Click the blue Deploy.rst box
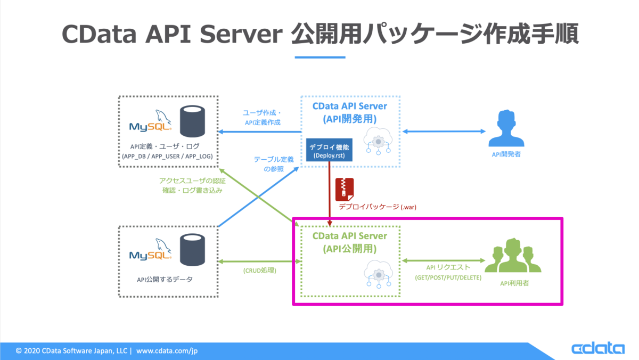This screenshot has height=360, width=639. point(329,150)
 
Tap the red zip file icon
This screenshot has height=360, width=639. point(345,190)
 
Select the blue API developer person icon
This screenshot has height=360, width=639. point(506,128)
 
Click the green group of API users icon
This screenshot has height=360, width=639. point(513,255)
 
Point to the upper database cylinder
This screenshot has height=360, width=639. point(192,121)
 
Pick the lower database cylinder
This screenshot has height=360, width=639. point(192,250)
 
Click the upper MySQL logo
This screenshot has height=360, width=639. point(150,121)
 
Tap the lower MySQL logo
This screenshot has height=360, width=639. point(150,249)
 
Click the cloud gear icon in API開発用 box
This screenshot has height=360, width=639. point(378,141)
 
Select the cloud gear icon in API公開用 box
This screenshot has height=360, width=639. point(378,274)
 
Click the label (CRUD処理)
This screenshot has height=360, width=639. point(260,271)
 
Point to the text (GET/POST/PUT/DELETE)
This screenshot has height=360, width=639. point(448,277)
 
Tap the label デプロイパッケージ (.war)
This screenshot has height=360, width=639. point(378,207)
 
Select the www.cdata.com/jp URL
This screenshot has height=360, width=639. point(167,350)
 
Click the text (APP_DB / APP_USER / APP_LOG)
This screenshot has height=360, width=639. point(167,157)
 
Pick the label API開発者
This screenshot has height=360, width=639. point(506,154)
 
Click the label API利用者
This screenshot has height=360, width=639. point(514,283)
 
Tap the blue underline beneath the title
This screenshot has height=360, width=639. point(320,58)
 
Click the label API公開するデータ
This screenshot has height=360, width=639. point(165,280)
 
